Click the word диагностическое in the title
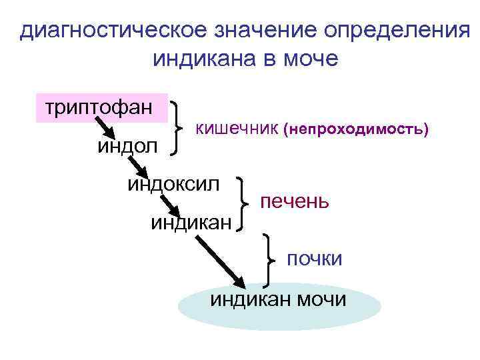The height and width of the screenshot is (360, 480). coord(112,31)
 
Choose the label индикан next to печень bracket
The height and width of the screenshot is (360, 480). coord(191,221)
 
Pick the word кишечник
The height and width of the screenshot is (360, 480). coord(236,127)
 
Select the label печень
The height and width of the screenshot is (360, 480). coord(294,201)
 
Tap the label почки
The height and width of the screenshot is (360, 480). coord(314,258)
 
